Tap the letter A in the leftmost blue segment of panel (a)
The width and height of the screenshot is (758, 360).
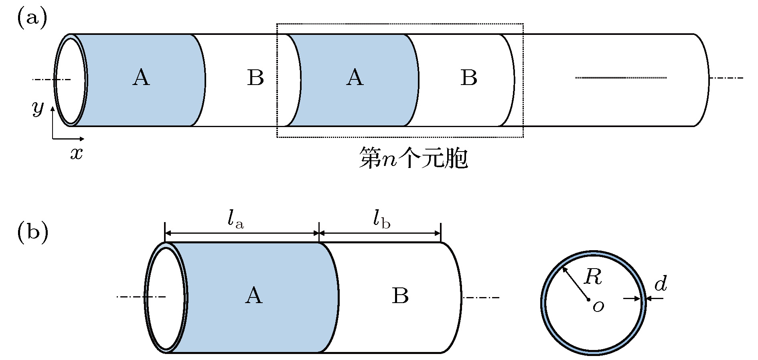tap(141, 77)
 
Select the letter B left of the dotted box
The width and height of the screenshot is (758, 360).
tap(255, 77)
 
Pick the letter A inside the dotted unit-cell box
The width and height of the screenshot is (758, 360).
tap(355, 77)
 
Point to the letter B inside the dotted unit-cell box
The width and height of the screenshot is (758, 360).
tap(469, 77)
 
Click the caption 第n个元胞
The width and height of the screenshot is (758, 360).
tap(413, 158)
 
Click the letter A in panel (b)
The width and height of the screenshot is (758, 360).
tap(253, 296)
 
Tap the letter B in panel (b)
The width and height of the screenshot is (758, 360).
tap(400, 296)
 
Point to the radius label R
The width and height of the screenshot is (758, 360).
tap(593, 277)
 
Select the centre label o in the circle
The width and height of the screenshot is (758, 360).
tap(598, 307)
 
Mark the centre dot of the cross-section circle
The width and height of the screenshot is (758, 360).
tap(588, 299)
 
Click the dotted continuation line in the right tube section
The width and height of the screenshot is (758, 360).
tap(621, 77)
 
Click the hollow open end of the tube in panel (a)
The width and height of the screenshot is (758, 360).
tap(70, 80)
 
